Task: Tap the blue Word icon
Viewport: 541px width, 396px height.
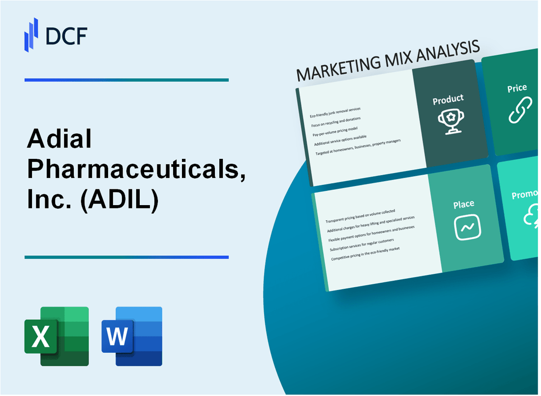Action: tap(132, 336)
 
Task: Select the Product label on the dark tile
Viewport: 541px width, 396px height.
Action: tap(448, 100)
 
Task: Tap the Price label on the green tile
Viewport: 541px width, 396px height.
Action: tap(517, 89)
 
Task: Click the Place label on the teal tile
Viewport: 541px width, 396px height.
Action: tap(464, 204)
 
